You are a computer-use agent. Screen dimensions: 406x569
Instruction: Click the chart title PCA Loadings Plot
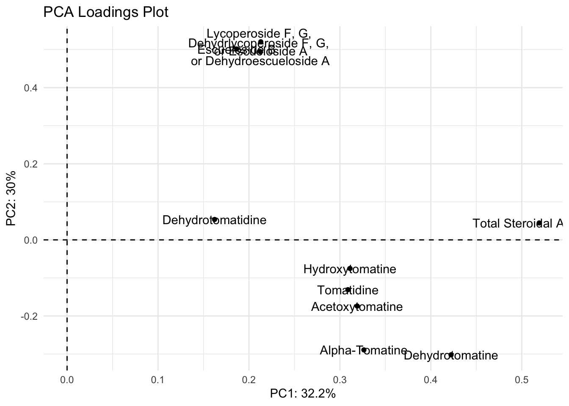click(x=106, y=12)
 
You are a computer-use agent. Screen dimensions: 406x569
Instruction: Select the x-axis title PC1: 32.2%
click(x=303, y=394)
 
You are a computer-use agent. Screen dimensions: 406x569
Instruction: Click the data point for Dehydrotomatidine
click(x=215, y=219)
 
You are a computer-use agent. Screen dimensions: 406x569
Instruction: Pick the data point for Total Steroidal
click(x=539, y=223)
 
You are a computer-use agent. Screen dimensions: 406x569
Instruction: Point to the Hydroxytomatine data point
click(x=350, y=269)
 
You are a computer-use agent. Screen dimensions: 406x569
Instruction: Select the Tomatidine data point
click(x=348, y=290)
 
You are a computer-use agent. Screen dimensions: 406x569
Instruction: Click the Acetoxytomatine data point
click(x=357, y=306)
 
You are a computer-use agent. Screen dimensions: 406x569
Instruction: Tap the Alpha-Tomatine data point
click(x=364, y=350)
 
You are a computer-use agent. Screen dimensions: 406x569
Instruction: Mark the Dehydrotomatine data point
click(x=451, y=355)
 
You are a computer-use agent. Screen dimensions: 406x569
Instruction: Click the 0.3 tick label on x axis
click(x=340, y=380)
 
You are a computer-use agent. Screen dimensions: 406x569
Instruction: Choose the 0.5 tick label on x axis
click(x=522, y=380)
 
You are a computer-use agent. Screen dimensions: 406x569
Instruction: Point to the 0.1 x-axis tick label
click(x=158, y=380)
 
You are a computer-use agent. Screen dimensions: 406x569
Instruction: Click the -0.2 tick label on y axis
click(x=29, y=316)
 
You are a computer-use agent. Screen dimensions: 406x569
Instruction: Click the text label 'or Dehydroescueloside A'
click(x=260, y=61)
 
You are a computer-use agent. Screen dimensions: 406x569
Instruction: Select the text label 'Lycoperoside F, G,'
click(x=259, y=33)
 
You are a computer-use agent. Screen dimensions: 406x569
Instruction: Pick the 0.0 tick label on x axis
click(x=67, y=380)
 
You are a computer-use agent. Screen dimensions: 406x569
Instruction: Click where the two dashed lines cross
click(x=67, y=240)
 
